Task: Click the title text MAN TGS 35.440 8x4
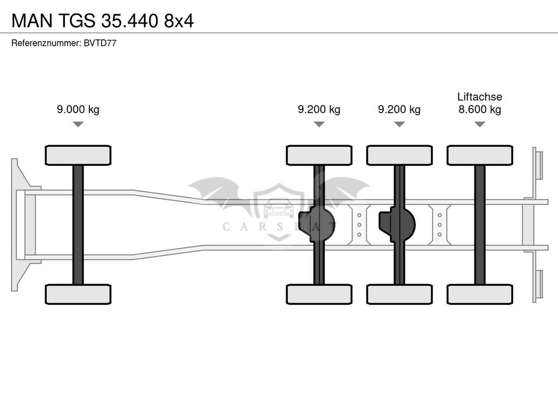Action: pos(102,20)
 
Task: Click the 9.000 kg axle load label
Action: pos(78,110)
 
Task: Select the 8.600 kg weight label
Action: pos(480,110)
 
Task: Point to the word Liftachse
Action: pos(480,97)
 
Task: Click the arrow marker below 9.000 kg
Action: pos(78,124)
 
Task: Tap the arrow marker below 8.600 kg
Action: pos(480,124)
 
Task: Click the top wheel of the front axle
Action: pos(78,155)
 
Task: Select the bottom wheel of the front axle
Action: pos(78,294)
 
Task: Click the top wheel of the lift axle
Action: pos(480,155)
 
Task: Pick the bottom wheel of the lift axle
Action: pos(480,294)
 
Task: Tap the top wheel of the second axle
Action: pos(319,155)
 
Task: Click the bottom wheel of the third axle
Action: pos(399,294)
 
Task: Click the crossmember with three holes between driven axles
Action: pos(359,224)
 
